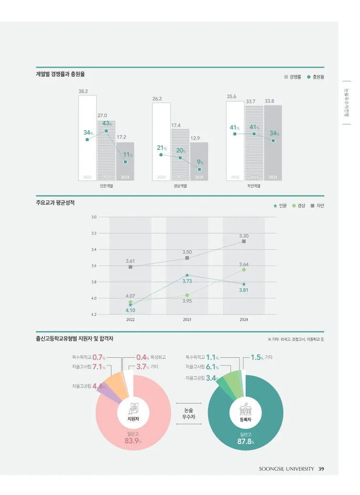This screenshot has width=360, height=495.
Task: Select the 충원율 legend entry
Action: pyautogui.click(x=315, y=77)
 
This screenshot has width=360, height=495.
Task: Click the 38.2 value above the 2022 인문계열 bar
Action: pyautogui.click(x=83, y=91)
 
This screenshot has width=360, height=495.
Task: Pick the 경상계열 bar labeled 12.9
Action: pyautogui.click(x=199, y=160)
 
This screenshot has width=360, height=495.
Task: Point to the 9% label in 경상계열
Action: pyautogui.click(x=200, y=162)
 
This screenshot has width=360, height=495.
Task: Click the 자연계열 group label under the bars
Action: pyautogui.click(x=254, y=186)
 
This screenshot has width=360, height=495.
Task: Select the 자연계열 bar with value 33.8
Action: pyautogui.click(x=273, y=141)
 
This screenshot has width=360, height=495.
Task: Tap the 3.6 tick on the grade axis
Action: pyautogui.click(x=93, y=266)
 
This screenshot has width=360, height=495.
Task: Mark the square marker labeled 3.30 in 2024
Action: pyautogui.click(x=244, y=241)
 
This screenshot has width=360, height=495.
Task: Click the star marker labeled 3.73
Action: pyautogui.click(x=187, y=275)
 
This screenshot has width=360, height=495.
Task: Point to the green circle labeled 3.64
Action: pyautogui.click(x=244, y=270)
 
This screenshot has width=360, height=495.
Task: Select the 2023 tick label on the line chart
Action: pyautogui.click(x=187, y=320)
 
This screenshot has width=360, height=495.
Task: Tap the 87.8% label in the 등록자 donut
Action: pyautogui.click(x=246, y=442)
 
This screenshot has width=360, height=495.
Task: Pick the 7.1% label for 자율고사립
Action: pyautogui.click(x=99, y=367)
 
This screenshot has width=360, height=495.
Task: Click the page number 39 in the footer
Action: pyautogui.click(x=321, y=469)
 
